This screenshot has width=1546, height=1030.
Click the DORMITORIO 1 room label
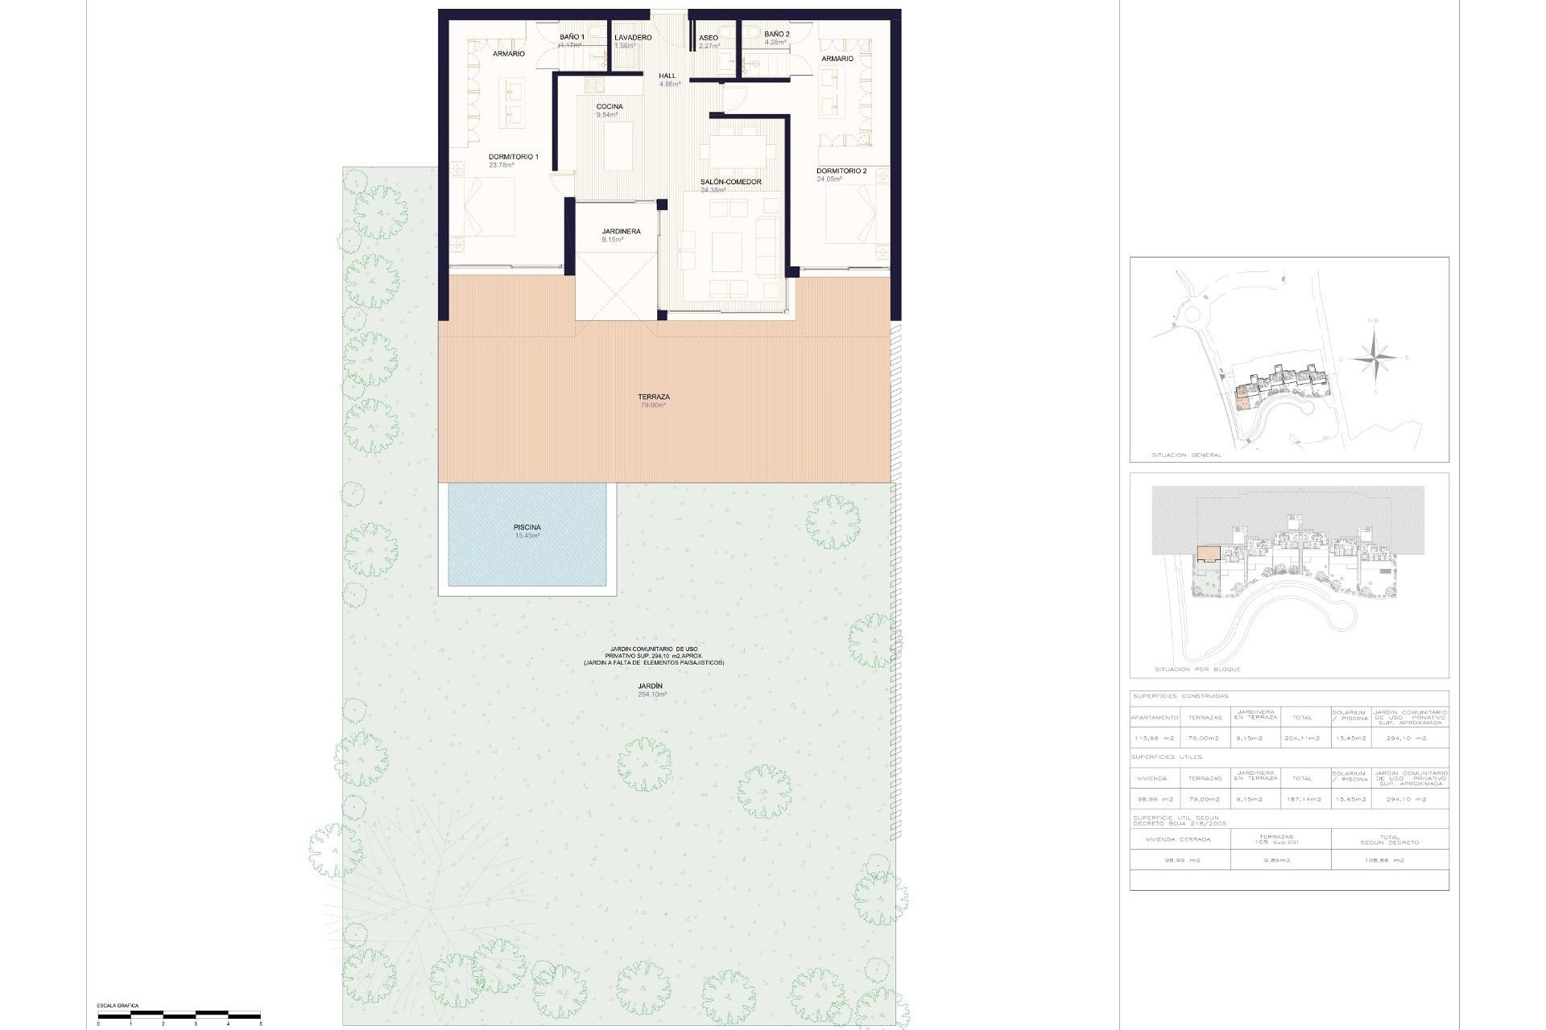pos(513,157)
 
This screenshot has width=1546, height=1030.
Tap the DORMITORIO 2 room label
pos(841,171)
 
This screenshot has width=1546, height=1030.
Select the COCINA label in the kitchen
pos(609,107)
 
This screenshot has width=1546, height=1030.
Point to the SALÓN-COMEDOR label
pos(730,183)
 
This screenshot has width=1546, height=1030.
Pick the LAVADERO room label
pos(632,38)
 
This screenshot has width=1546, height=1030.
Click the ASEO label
pos(708,38)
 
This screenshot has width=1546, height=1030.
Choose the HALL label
pos(667,76)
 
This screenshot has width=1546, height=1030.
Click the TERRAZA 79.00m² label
pos(653,398)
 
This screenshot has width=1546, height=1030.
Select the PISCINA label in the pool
pos(527,528)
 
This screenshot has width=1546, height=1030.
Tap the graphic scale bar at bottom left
pos(179,1013)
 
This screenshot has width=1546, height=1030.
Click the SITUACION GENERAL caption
pos(1188,455)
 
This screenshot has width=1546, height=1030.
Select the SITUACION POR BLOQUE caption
pos(1197,669)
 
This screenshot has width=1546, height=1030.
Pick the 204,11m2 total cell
pos(1302,738)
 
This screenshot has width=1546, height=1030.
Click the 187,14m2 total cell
pos(1302,799)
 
